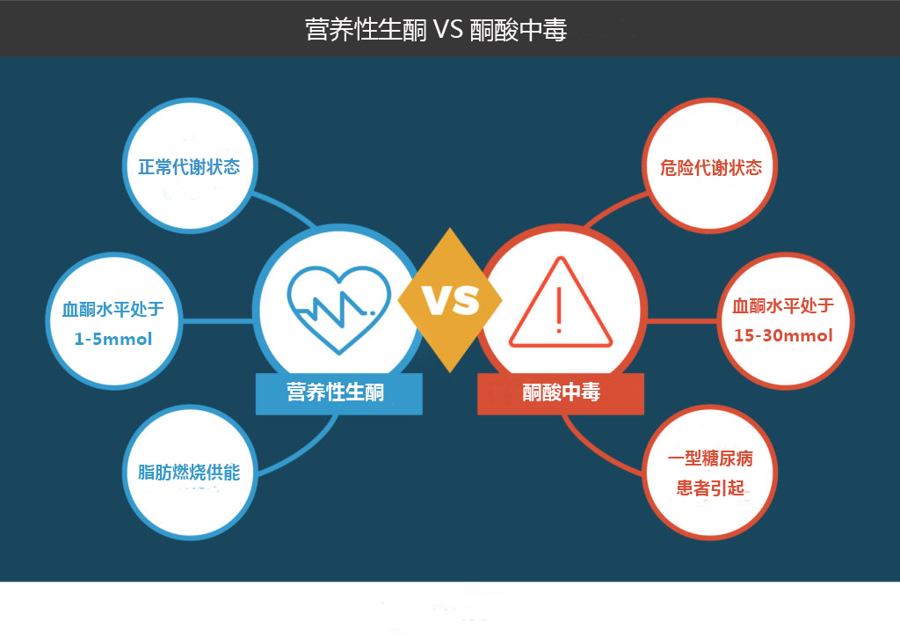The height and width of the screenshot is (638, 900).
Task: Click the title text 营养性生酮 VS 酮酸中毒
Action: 436,30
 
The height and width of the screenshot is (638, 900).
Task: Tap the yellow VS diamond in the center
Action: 450,300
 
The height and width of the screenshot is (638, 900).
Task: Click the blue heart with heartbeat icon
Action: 338,309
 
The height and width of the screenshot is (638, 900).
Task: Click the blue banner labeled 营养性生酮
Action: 338,393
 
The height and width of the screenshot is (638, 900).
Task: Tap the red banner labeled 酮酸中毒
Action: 560,393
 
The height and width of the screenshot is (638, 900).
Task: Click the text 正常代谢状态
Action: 189,166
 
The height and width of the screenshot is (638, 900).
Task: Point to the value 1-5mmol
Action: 113,339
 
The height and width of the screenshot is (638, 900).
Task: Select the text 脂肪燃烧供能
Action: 189,473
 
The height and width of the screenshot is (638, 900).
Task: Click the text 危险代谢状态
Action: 710,167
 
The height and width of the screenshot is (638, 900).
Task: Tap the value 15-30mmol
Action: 783,335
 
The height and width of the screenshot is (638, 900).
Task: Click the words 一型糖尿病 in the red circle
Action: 710,458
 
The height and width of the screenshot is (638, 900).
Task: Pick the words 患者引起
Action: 710,488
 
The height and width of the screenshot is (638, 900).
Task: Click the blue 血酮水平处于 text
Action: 113,309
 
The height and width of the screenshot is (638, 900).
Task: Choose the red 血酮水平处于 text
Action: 783,305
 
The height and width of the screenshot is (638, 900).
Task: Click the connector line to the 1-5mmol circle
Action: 218,320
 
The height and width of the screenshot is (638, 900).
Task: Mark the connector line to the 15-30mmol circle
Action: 682,320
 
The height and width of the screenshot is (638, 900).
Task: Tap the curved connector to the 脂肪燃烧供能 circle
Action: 303,451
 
